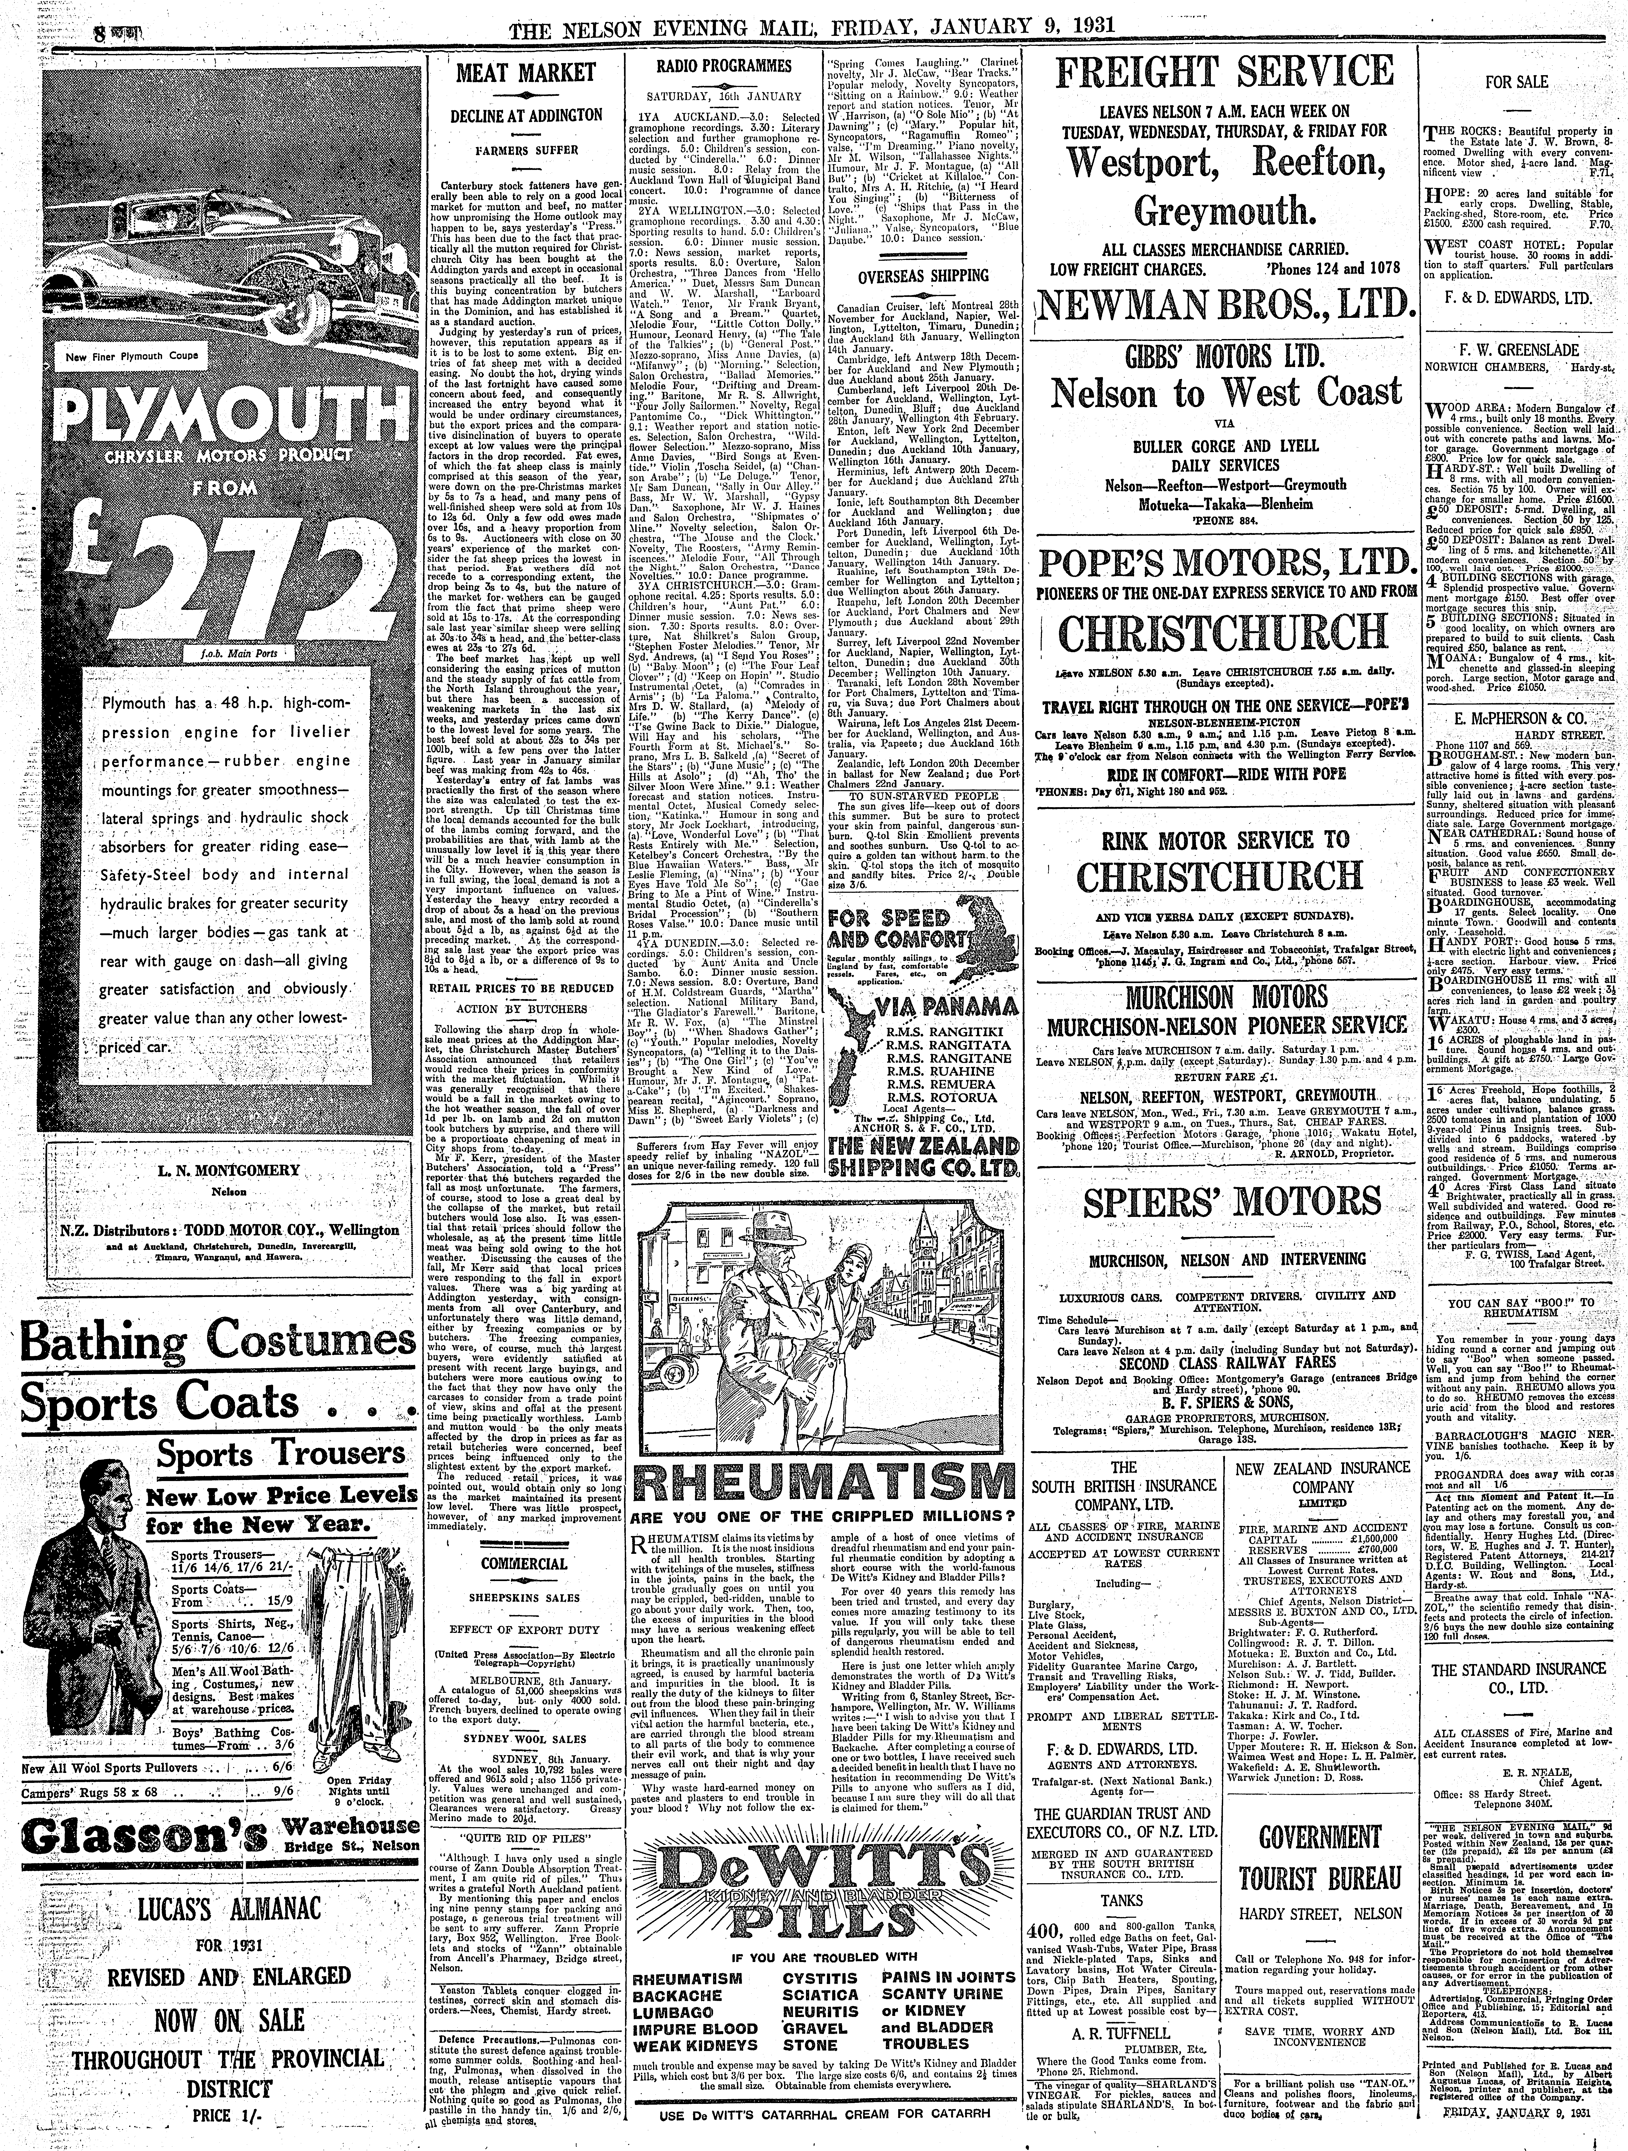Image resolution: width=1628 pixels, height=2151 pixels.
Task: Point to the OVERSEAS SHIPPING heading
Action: [922, 275]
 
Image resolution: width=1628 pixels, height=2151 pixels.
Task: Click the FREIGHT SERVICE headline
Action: [1224, 73]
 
